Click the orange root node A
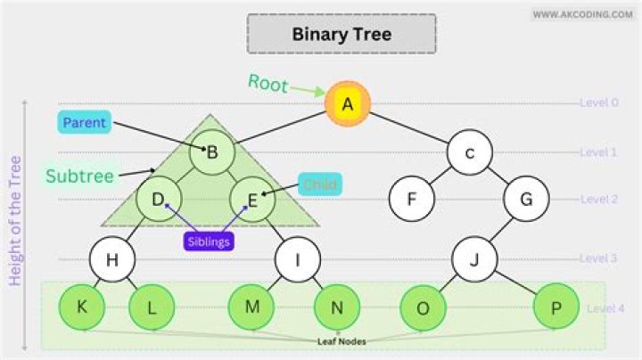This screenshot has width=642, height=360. point(348,104)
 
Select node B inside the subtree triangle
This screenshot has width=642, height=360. point(212,152)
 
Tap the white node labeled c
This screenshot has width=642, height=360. point(470,152)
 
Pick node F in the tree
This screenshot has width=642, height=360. point(412,199)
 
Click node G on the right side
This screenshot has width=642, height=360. point(526,199)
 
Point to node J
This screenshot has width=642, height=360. point(473,260)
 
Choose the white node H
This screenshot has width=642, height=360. point(111,260)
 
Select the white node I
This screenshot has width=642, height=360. point(297,260)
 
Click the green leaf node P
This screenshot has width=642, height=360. point(556,308)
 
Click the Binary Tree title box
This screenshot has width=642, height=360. point(342,35)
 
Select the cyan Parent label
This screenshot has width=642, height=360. point(85,122)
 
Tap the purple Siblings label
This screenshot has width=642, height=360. point(209,241)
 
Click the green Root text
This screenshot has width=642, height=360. point(267,84)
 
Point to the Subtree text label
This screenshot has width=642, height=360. point(80,176)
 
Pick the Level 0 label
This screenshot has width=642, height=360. point(598,102)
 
